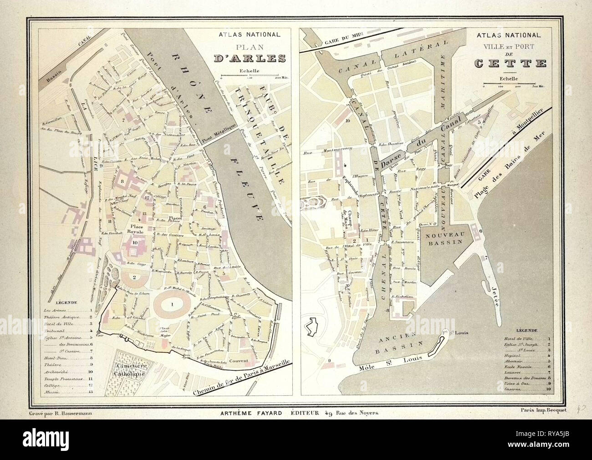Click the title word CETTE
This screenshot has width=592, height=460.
[x=510, y=63]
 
